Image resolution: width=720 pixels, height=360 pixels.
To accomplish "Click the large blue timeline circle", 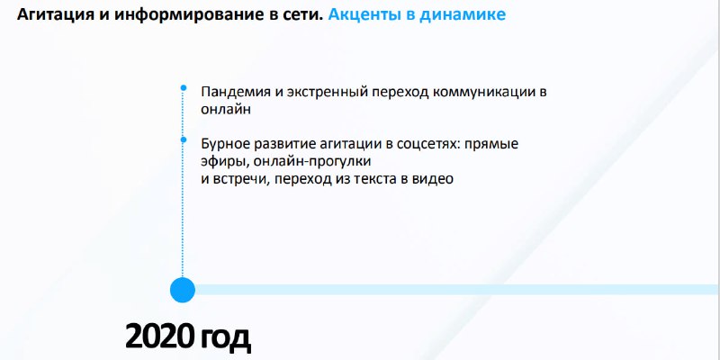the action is pyautogui.click(x=183, y=290).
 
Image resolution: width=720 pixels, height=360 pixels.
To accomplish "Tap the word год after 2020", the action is pyautogui.click(x=225, y=340).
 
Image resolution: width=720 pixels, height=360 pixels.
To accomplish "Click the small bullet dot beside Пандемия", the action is pyautogui.click(x=184, y=87).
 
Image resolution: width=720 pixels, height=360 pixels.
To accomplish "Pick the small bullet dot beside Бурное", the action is pyautogui.click(x=184, y=139).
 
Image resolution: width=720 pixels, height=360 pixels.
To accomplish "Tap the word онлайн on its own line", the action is pyautogui.click(x=226, y=110).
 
